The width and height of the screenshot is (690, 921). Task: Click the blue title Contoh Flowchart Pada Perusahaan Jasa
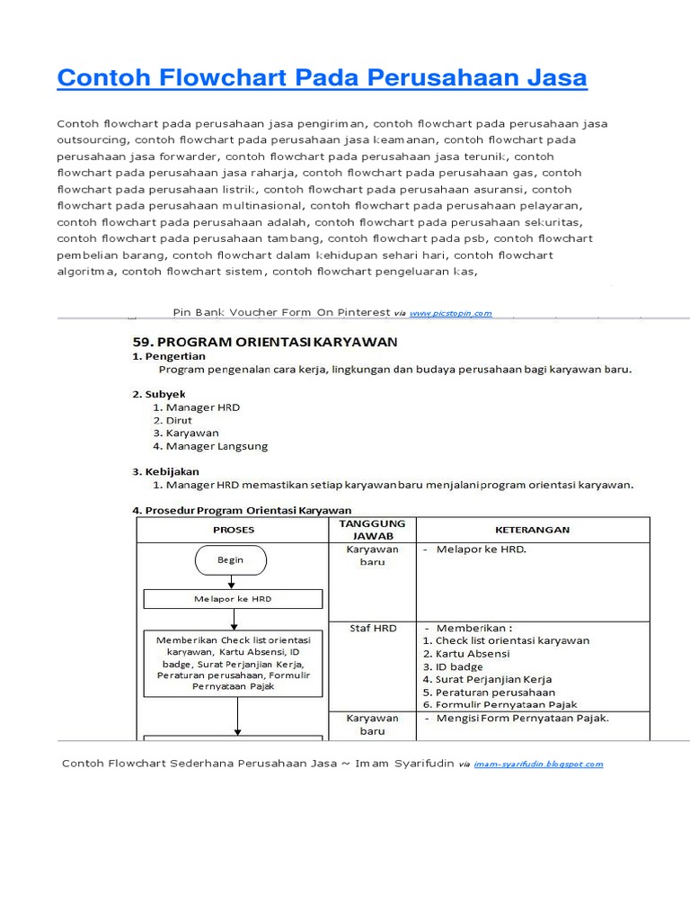coord(322,78)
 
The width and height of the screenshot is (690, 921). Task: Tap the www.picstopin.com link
coord(450,313)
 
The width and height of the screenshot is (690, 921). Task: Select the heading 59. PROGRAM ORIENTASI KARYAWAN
coord(265,342)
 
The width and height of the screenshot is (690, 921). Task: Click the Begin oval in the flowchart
coord(230,559)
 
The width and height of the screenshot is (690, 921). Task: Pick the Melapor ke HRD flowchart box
coord(233,599)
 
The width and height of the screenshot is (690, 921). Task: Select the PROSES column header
coord(233,530)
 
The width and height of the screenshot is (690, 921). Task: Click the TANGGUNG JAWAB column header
coord(372,530)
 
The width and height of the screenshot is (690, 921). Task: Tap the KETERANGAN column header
coord(532,530)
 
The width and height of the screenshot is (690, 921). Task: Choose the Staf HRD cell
coord(372,628)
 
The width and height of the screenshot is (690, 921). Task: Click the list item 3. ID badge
coord(453,666)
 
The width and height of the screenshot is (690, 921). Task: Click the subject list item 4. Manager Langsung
coord(210,445)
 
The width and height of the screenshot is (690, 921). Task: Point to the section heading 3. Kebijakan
coord(166,471)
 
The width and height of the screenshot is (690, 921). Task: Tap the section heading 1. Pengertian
coord(169,356)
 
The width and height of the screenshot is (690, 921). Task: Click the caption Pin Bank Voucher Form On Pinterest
coord(280,312)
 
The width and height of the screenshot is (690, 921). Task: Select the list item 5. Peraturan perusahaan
coord(488,693)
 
